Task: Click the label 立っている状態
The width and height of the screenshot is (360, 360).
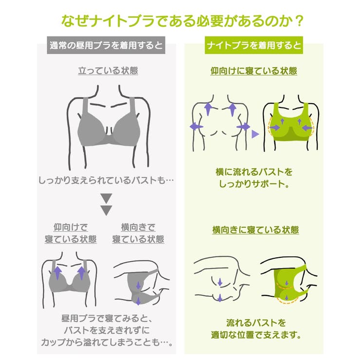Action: click(x=108, y=71)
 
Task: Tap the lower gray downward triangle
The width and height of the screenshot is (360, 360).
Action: click(x=106, y=210)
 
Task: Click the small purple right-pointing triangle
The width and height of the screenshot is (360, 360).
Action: click(x=254, y=133)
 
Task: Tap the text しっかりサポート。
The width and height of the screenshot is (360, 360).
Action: click(x=254, y=184)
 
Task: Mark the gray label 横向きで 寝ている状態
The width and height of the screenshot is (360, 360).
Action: click(x=138, y=233)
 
